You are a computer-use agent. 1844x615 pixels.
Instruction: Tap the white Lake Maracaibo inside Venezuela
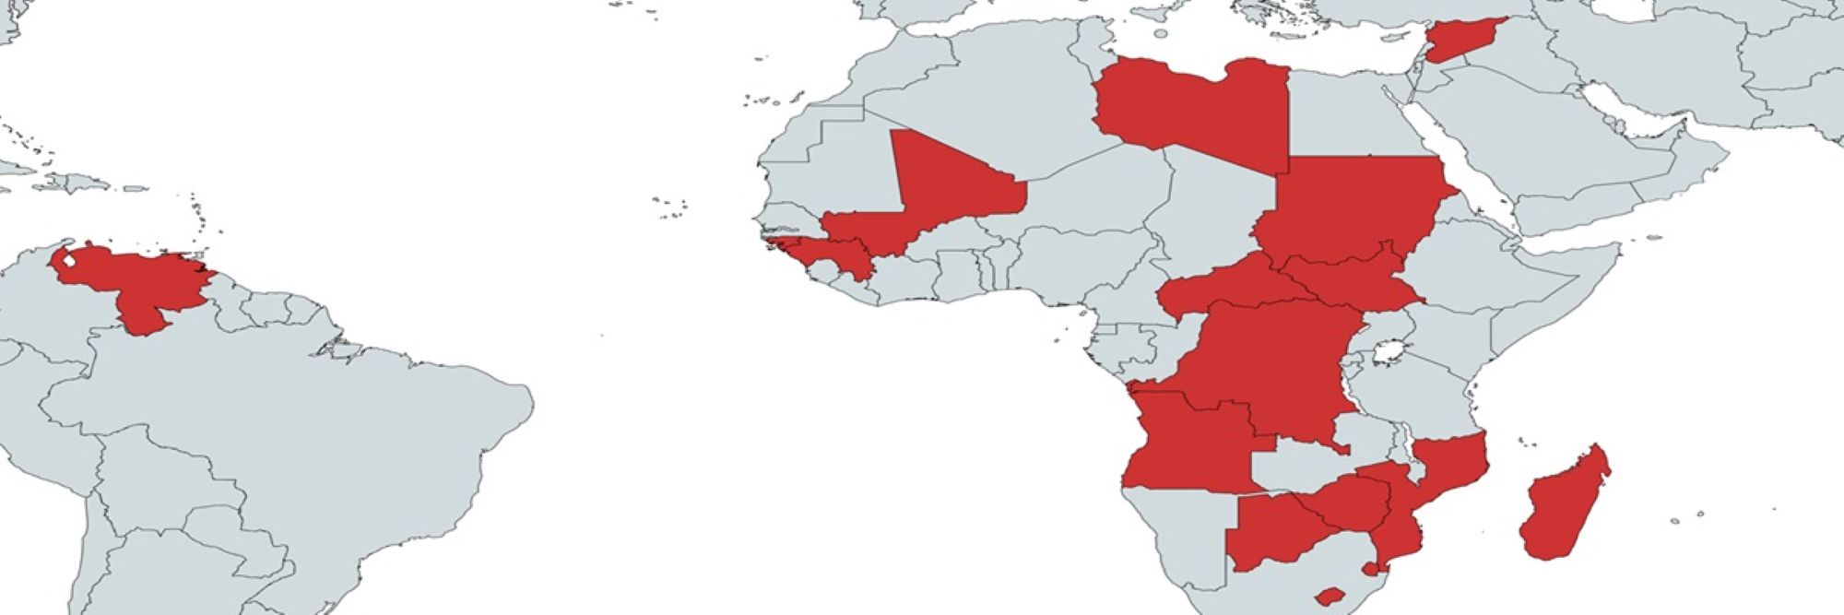[67, 262]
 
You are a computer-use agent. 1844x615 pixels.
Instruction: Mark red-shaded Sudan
[1346, 203]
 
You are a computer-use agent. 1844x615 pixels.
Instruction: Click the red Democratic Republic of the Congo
[1272, 369]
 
